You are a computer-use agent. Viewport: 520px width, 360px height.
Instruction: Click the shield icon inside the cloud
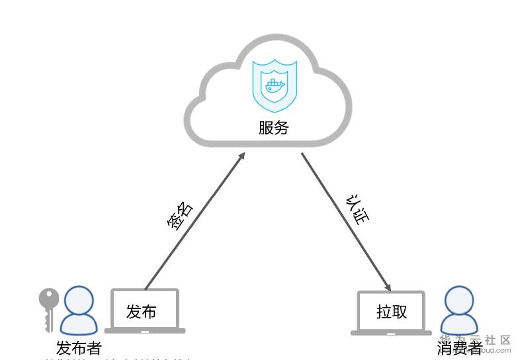tap(275, 86)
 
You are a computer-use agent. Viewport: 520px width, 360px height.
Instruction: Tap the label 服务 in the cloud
tap(274, 128)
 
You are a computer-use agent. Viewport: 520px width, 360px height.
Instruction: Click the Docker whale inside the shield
tap(275, 85)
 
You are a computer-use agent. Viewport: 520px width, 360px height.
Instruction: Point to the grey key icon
tap(48, 308)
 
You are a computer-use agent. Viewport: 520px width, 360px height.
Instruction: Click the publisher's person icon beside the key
tap(80, 310)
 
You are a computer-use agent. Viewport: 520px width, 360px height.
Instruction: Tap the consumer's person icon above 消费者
tap(460, 310)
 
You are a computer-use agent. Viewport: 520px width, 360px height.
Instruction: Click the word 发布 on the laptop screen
tap(142, 312)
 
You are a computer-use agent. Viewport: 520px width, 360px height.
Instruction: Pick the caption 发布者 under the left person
tap(79, 347)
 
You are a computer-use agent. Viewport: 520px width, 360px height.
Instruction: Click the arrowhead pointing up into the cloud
tap(241, 156)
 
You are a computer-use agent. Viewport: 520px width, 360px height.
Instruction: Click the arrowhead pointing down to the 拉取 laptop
tap(388, 287)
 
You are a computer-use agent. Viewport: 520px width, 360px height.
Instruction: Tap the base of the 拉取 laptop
tap(391, 333)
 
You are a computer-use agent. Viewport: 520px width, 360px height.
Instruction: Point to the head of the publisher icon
tap(80, 299)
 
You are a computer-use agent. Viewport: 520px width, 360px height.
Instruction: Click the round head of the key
tap(48, 298)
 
